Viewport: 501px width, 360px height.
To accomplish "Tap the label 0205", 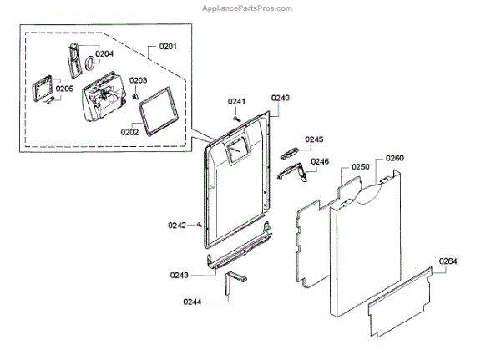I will tap(64, 88).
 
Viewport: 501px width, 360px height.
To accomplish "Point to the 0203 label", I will tap(138, 80).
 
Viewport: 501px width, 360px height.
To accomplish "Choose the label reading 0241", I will tap(236, 102).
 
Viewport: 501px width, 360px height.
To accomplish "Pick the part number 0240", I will tap(281, 98).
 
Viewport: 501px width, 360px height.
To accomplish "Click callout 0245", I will tap(314, 139).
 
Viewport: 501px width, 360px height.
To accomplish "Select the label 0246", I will tap(320, 161).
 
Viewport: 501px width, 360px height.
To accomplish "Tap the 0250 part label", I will tap(360, 167).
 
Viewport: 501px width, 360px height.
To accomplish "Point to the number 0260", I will tap(395, 158).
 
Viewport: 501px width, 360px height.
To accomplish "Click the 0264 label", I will tap(448, 261).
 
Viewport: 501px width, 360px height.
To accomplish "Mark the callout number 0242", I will tap(176, 225).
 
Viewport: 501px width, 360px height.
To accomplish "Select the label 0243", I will tap(179, 275).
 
